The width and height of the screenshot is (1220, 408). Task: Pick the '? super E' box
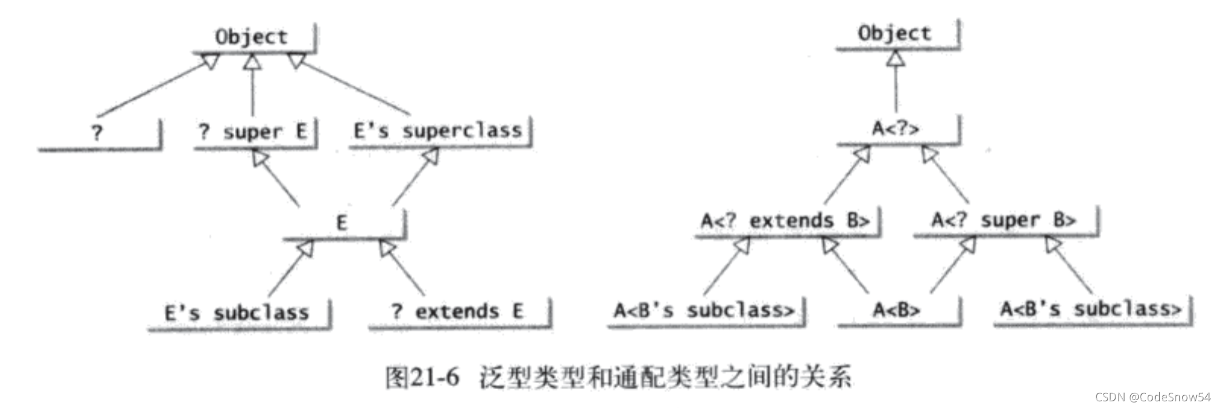pos(252,132)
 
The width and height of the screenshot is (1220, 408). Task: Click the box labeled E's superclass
pos(438,131)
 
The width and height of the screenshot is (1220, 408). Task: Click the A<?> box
pos(895,129)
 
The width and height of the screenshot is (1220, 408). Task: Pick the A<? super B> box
pos(1004,220)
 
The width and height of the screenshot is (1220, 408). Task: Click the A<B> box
pos(896,310)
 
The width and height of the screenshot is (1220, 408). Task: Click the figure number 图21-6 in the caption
pos(422,378)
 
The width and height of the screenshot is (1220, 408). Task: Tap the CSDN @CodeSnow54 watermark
pos(1153,397)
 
